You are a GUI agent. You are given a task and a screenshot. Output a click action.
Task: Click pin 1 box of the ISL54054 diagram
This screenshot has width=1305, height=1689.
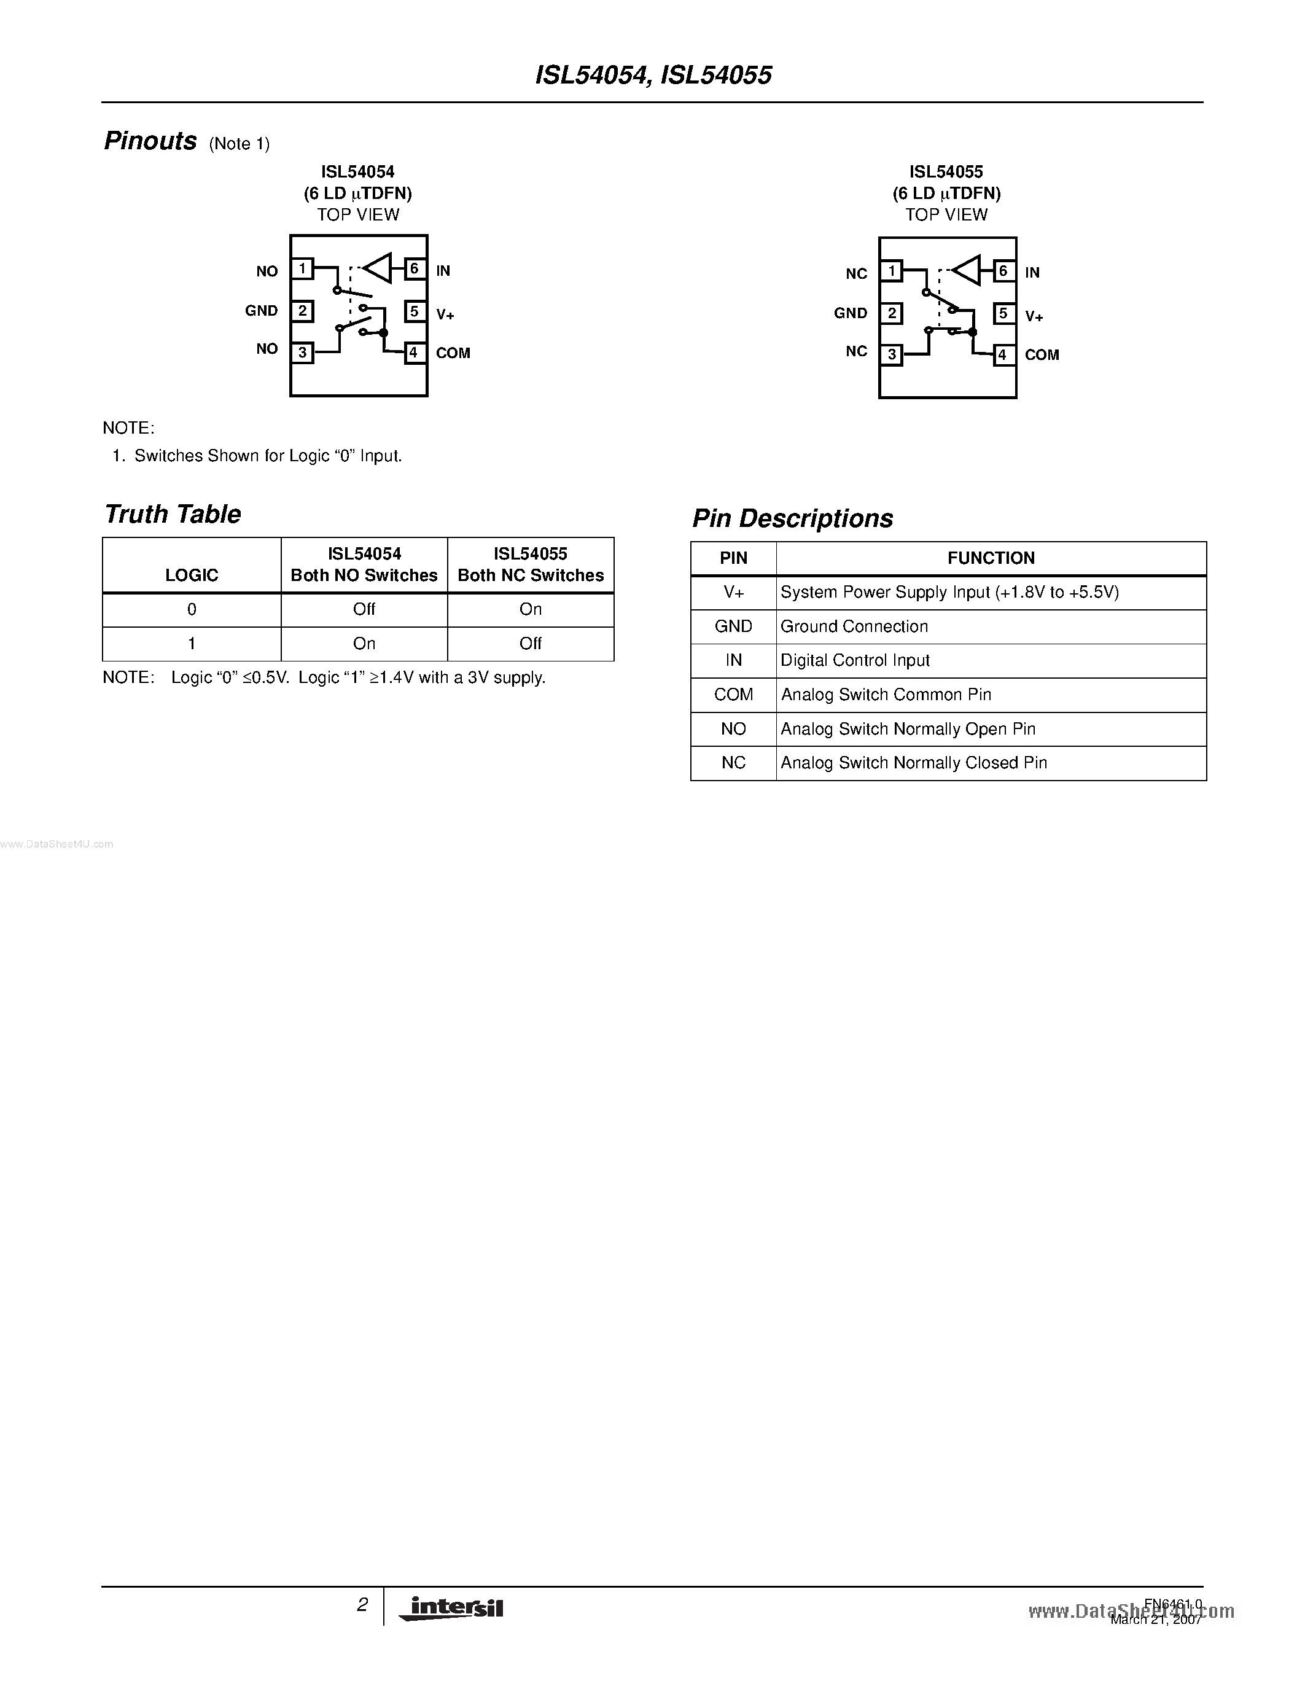(302, 268)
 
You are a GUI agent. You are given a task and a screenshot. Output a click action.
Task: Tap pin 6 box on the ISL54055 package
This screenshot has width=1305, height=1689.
(1003, 271)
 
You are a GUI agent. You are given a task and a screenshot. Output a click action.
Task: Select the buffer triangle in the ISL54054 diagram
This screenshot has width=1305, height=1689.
(379, 268)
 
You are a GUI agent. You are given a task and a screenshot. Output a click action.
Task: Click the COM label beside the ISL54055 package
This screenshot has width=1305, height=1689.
(1042, 355)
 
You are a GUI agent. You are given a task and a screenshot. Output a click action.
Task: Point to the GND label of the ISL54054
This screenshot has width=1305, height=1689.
(262, 311)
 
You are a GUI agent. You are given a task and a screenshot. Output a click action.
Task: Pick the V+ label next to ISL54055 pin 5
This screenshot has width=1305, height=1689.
(1034, 316)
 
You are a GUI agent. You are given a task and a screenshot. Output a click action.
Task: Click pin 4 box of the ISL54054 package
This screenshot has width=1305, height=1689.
(415, 353)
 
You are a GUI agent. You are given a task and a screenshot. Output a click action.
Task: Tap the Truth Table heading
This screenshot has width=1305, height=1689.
(173, 514)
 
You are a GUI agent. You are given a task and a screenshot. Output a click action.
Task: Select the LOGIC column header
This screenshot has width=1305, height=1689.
(192, 575)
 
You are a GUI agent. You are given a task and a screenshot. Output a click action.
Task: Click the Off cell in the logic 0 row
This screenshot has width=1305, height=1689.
(364, 609)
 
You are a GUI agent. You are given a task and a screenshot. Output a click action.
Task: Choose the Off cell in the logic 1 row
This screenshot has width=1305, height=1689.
(531, 644)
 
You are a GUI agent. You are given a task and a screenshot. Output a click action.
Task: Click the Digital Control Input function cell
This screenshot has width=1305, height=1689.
(855, 660)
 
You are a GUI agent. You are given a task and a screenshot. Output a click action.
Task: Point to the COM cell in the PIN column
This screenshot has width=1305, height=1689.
(733, 695)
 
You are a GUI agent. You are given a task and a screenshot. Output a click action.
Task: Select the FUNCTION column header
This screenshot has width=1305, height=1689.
(991, 558)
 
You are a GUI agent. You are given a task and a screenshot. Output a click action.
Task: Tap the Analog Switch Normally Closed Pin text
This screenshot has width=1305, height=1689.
(914, 763)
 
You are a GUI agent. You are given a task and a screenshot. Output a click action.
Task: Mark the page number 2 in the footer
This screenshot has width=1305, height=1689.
(362, 1605)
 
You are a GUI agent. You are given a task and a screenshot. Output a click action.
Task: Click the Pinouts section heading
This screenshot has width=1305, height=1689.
(150, 141)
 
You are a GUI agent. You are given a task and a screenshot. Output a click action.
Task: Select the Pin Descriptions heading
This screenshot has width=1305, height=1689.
(792, 518)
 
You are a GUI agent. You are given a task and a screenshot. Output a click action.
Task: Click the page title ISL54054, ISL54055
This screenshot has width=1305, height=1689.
(653, 75)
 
